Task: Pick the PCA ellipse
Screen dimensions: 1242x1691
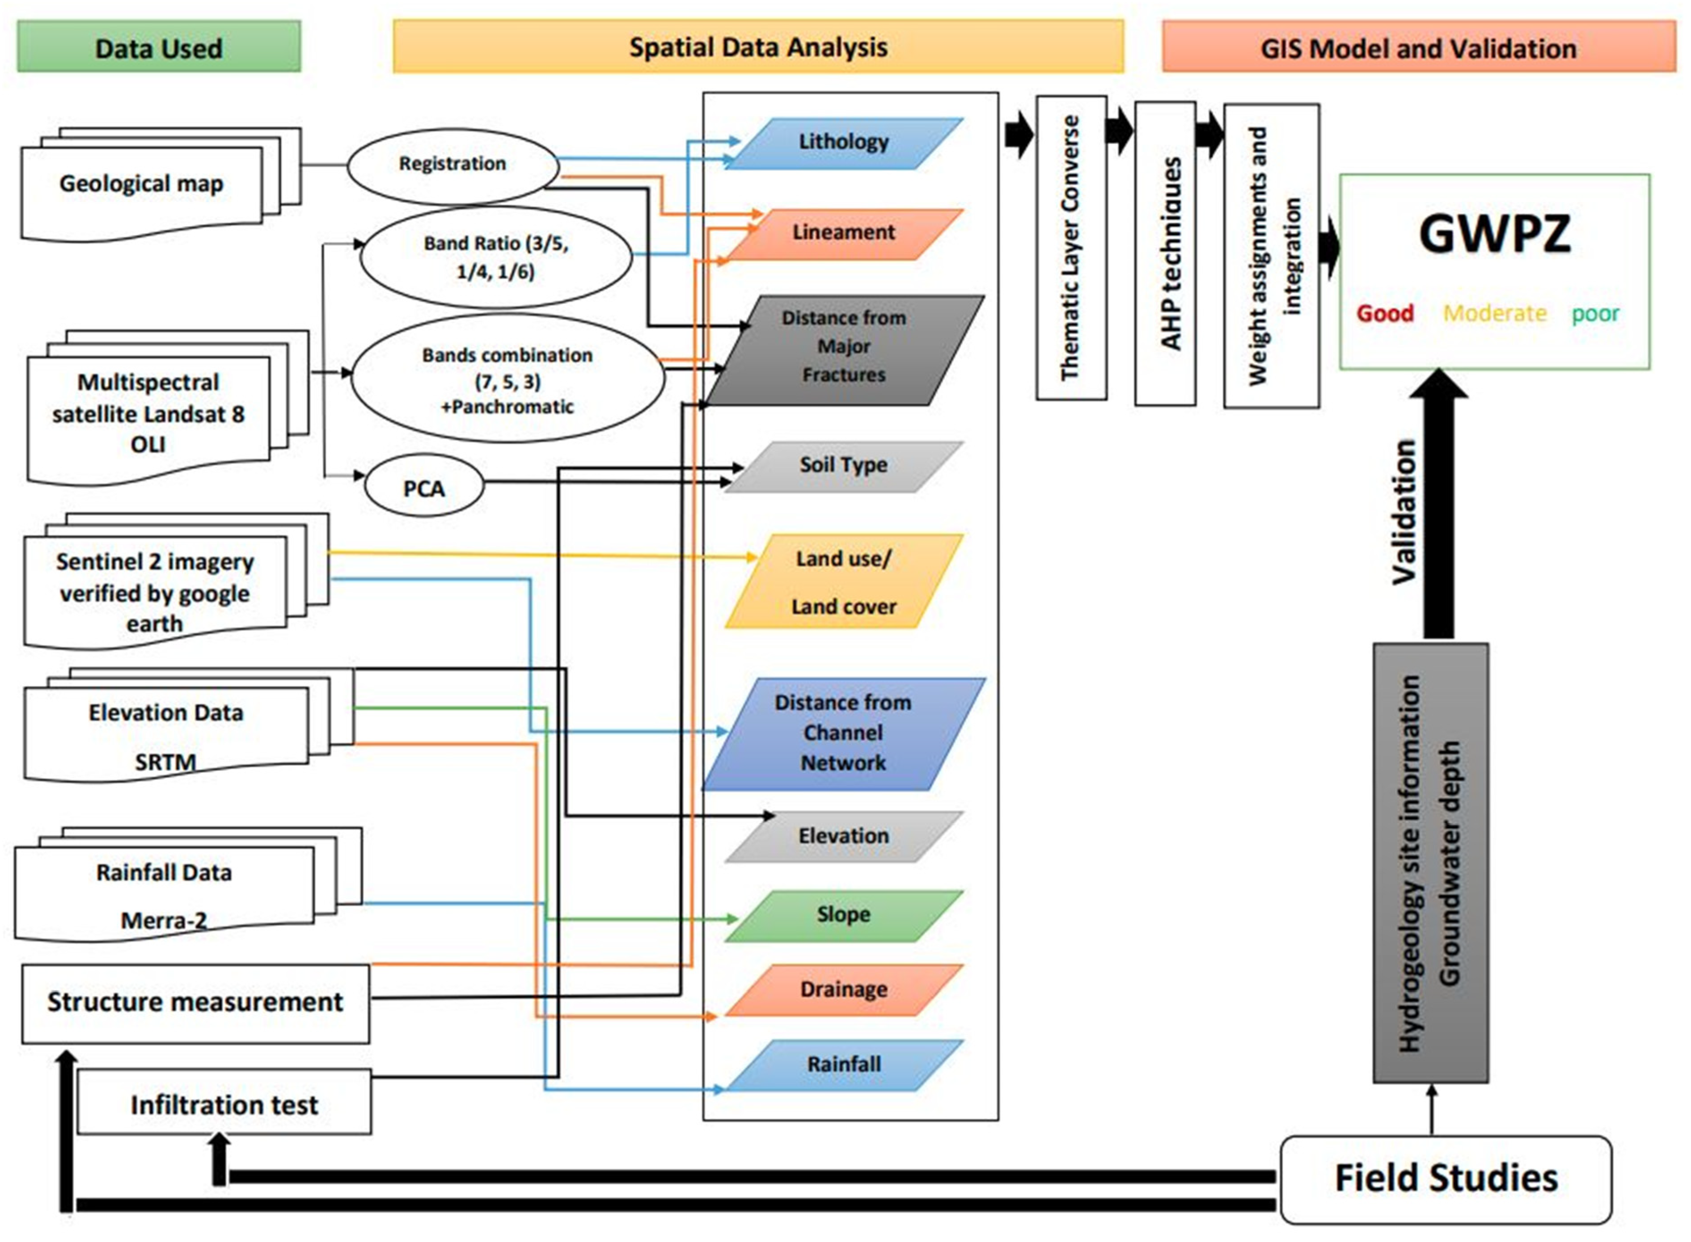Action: click(423, 488)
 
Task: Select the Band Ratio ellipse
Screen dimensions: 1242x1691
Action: click(496, 257)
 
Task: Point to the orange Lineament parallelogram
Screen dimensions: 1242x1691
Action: click(843, 233)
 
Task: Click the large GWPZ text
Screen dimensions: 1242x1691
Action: click(1494, 234)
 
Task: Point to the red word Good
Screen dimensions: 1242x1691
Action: click(1385, 313)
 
